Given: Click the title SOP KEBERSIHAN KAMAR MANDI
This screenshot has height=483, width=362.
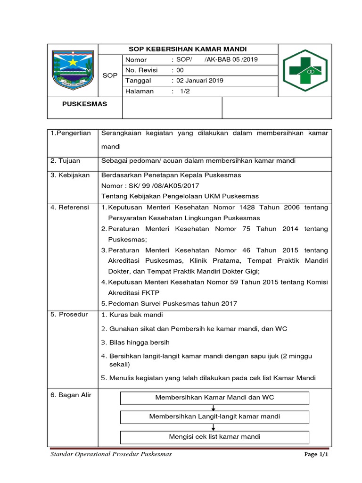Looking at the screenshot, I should pyautogui.click(x=188, y=49).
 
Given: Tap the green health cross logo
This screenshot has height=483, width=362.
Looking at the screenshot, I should pyautogui.click(x=305, y=71).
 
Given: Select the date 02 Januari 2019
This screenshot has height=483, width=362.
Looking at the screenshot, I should pyautogui.click(x=200, y=81).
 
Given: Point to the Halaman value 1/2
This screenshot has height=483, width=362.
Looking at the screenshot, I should pyautogui.click(x=183, y=92).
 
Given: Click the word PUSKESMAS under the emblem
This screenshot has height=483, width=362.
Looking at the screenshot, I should pyautogui.click(x=85, y=104).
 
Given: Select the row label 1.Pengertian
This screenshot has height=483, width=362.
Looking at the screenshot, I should pyautogui.click(x=71, y=134).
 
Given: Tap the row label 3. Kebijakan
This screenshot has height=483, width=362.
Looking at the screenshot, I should pyautogui.click(x=70, y=175).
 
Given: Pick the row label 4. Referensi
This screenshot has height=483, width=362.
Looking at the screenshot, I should pyautogui.click(x=70, y=208).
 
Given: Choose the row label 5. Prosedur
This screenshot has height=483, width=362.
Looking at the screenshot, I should pyautogui.click(x=69, y=315).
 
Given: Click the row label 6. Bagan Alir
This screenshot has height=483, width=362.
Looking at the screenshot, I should pyautogui.click(x=71, y=395).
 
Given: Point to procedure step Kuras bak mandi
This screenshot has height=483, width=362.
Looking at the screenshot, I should pyautogui.click(x=136, y=315).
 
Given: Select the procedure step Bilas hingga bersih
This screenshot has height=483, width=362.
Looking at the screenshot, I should pyautogui.click(x=139, y=342).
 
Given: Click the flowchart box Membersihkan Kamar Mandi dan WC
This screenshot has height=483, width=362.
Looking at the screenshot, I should pyautogui.click(x=214, y=398).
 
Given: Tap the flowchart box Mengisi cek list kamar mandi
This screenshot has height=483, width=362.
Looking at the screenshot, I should pyautogui.click(x=214, y=437).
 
